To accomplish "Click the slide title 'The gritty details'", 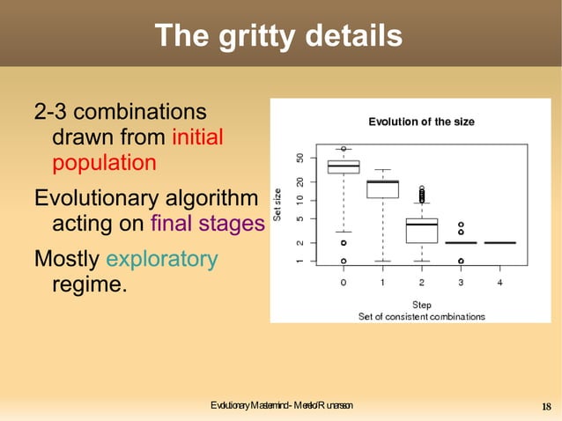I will tap(278, 36).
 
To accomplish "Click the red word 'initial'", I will tap(197, 137).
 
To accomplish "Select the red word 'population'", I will tap(104, 163).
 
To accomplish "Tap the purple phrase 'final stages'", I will tap(207, 224).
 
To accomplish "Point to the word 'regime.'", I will tap(89, 284).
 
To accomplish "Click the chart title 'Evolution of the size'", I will tap(421, 122).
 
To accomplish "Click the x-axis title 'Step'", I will tap(421, 305).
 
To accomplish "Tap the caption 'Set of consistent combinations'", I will tap(421, 315).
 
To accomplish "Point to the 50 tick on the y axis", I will tap(301, 159).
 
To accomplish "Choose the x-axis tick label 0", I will tap(344, 283).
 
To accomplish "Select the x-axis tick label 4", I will tap(499, 283).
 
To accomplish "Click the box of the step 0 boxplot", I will tap(344, 166).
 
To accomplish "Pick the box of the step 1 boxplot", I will tap(382, 188).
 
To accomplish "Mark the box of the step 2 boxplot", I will tap(421, 230).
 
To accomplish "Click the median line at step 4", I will tap(499, 242).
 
